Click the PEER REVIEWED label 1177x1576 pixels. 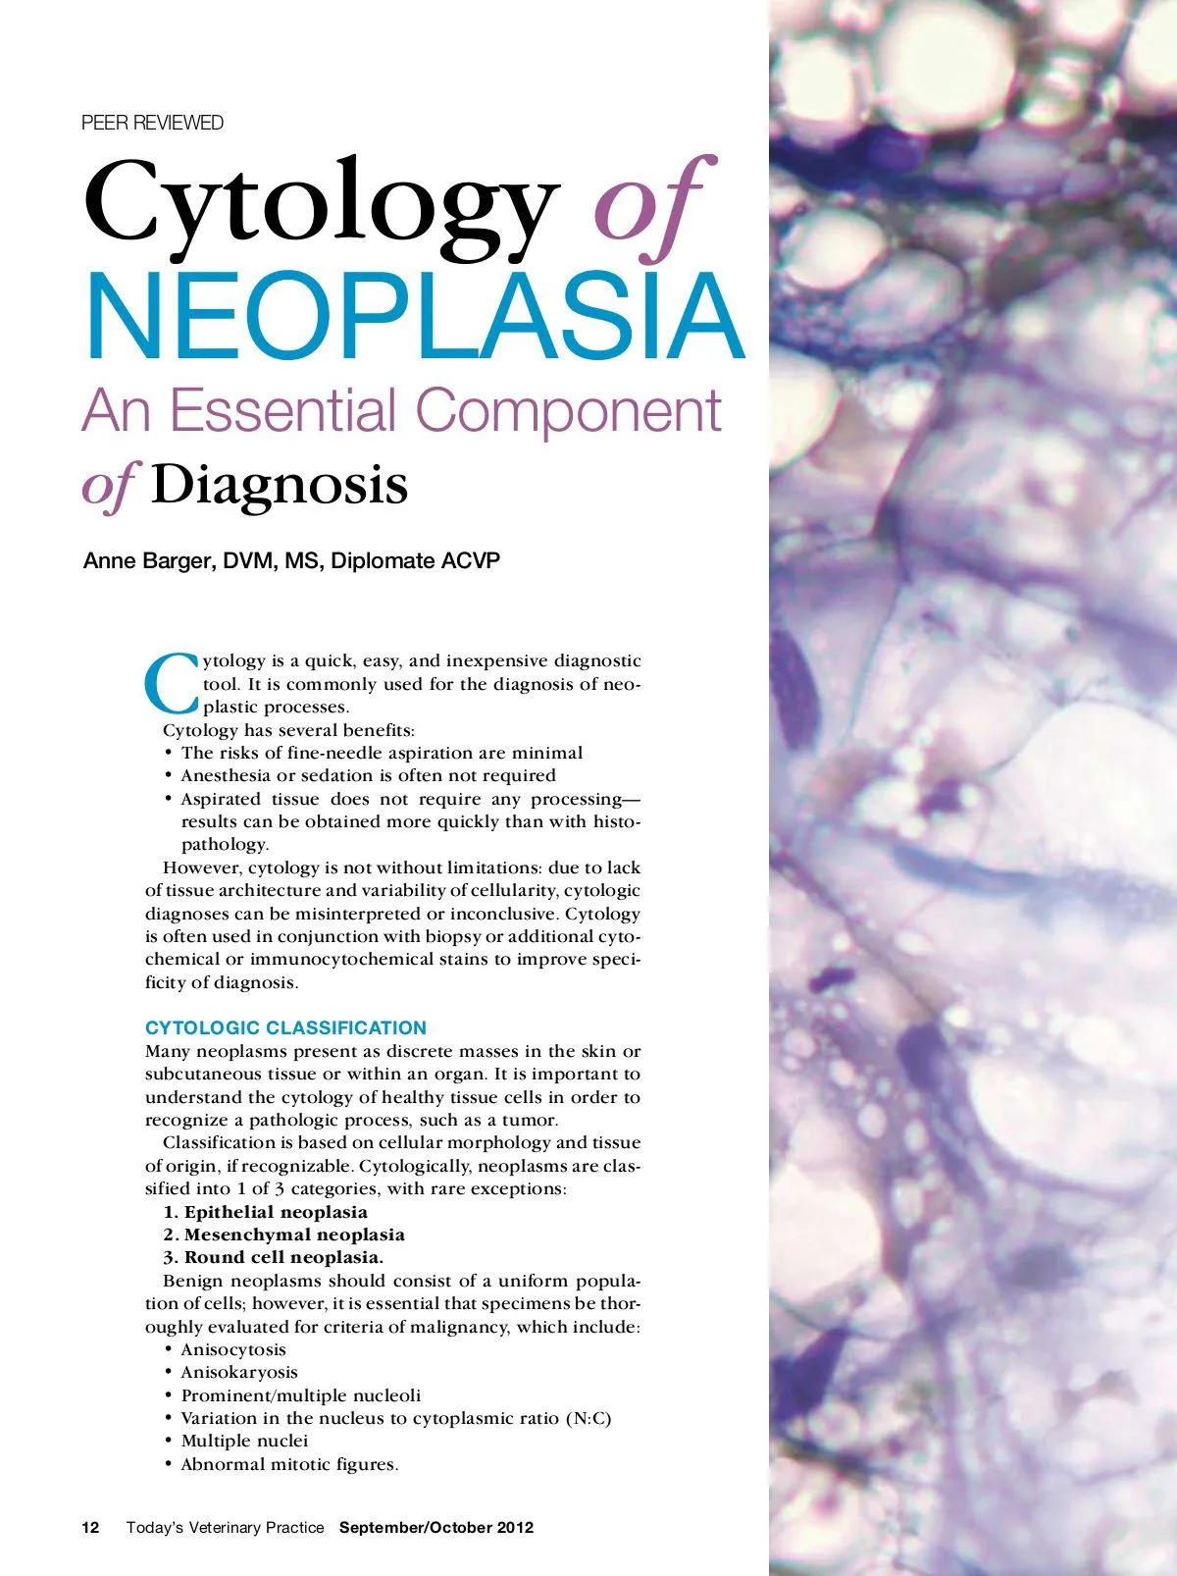point(152,123)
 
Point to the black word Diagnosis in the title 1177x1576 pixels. point(280,485)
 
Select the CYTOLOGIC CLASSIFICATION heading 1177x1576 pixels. point(285,1027)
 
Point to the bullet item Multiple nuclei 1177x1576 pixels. point(244,1441)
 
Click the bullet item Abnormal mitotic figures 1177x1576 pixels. point(289,1464)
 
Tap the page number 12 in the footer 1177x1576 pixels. point(90,1527)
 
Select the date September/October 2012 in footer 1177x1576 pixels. point(436,1527)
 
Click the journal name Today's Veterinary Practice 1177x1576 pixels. point(225,1527)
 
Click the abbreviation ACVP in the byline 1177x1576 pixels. point(471,560)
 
